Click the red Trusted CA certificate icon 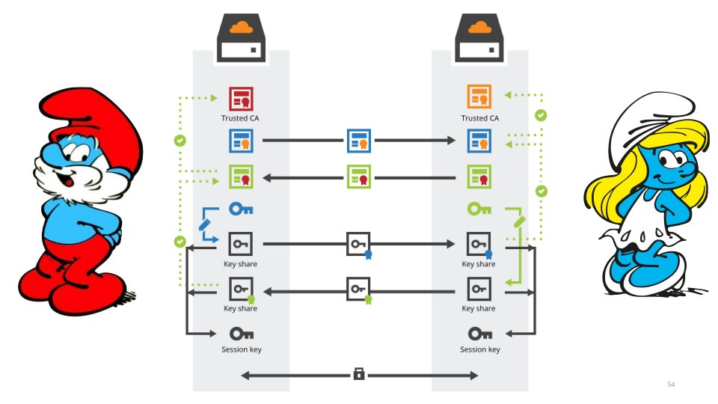(x=241, y=99)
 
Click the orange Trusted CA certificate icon (x=479, y=98)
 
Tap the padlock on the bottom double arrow (x=359, y=374)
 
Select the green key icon (x=479, y=209)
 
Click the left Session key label (x=241, y=349)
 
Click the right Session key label (x=479, y=349)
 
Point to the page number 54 (x=671, y=384)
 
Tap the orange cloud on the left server (x=240, y=28)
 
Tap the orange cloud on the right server (x=479, y=28)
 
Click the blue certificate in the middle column (x=359, y=140)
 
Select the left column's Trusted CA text (x=241, y=118)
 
